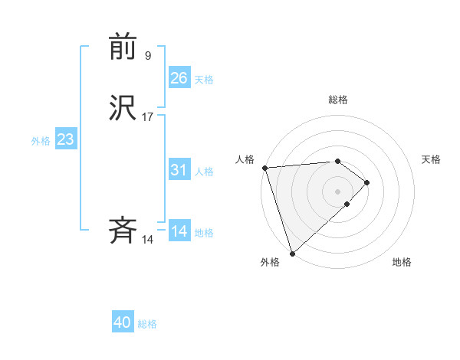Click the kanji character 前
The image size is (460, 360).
123,47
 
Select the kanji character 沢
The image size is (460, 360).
123,108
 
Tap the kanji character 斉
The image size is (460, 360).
123,231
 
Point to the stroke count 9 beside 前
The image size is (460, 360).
148,55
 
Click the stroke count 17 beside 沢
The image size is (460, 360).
148,116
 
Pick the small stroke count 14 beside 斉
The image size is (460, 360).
148,240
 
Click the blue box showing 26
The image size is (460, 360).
179,77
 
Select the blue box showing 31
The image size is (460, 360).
179,170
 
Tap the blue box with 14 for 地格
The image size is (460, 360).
179,231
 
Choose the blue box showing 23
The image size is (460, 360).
66,139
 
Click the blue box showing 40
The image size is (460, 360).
123,322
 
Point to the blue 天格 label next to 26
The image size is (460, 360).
204,79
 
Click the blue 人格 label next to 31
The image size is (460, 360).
204,172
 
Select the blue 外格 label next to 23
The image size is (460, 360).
41,141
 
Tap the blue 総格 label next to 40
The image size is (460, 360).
147,324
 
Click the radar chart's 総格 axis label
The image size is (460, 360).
338,100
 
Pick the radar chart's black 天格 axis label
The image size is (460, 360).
432,159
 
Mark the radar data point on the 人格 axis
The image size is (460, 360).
264,168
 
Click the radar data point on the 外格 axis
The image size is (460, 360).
291,253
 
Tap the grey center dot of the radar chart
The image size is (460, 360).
338,191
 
